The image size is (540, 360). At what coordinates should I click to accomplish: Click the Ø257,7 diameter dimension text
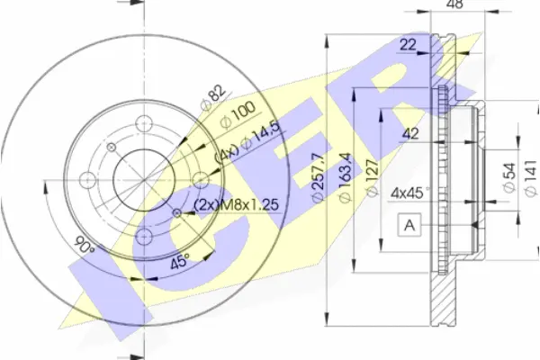coord(317,176)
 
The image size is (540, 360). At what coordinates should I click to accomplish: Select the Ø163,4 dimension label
coord(345,177)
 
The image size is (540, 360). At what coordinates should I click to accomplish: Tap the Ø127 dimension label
coord(372,177)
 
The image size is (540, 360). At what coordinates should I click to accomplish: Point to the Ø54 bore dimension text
coord(508,177)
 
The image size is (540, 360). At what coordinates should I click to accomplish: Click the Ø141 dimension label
coord(531,178)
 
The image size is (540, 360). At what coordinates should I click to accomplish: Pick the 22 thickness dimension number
coord(408,44)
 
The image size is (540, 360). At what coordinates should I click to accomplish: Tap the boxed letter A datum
coord(409,225)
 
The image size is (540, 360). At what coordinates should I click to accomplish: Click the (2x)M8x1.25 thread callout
coord(236,205)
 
